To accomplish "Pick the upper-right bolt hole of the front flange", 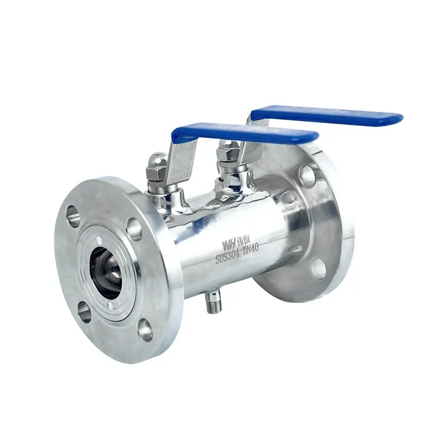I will [x=134, y=228].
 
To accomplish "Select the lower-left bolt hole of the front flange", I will [x=84, y=312].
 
